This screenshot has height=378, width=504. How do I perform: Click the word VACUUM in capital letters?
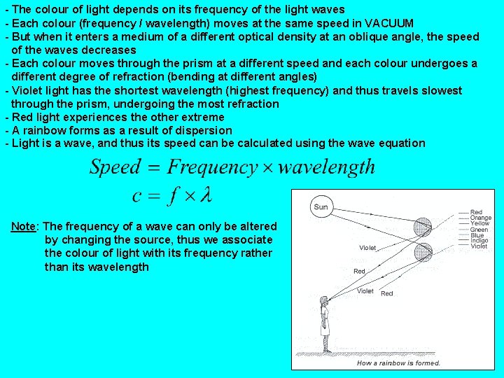tap(388, 23)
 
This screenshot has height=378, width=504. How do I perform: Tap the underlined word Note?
tap(24, 227)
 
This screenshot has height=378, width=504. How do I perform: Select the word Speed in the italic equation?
tap(115, 167)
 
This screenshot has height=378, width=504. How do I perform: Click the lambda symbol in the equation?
tap(204, 195)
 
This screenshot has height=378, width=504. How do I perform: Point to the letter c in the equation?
tap(138, 196)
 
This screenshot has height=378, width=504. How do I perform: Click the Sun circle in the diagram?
tap(321, 206)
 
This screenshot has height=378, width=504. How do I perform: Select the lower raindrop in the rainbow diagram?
tap(423, 252)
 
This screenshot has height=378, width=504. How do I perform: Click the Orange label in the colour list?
tap(480, 218)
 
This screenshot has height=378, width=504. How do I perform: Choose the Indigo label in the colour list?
tap(479, 241)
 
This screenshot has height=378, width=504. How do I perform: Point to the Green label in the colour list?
tap(479, 230)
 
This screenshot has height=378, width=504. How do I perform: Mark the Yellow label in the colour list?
tap(479, 223)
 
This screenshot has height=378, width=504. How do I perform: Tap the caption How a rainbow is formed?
tap(398, 363)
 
